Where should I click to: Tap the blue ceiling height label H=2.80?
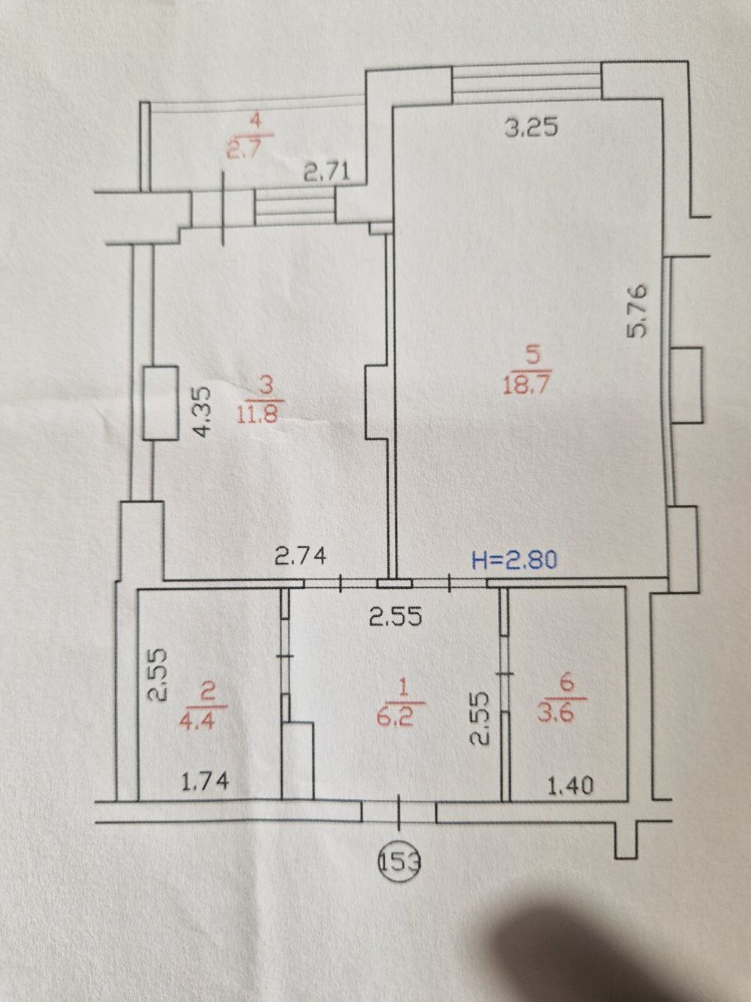click(x=514, y=560)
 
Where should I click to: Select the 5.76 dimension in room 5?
click(x=636, y=311)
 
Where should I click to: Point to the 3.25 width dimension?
click(x=531, y=127)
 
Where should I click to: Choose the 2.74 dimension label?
click(x=300, y=555)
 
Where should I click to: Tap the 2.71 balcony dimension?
click(x=327, y=173)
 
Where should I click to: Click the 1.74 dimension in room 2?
click(x=204, y=783)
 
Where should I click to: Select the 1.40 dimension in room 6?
click(x=571, y=785)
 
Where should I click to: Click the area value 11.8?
click(x=258, y=415)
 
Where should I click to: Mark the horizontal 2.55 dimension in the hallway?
click(x=396, y=618)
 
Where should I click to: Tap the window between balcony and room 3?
click(x=295, y=208)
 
